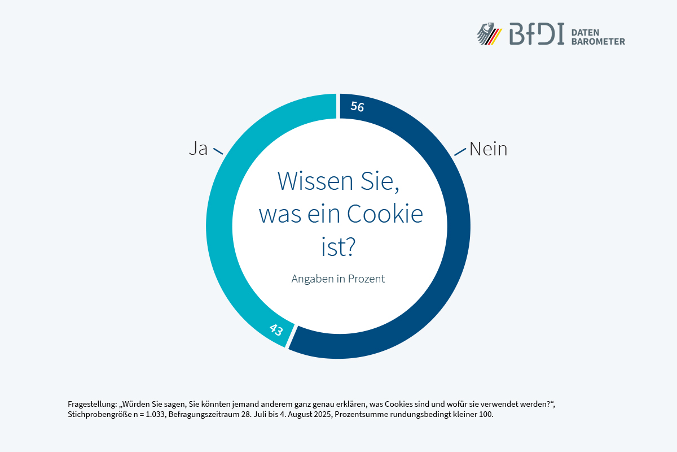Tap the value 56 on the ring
pos(357,106)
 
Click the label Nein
pos(488,149)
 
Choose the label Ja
pos(198,149)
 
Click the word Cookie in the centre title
pos(385,214)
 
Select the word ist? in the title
pos(338,247)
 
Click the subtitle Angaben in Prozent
pos(338,279)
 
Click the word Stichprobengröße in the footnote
pos(100,414)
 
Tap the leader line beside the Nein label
pos(461,151)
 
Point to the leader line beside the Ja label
pos(218,151)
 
